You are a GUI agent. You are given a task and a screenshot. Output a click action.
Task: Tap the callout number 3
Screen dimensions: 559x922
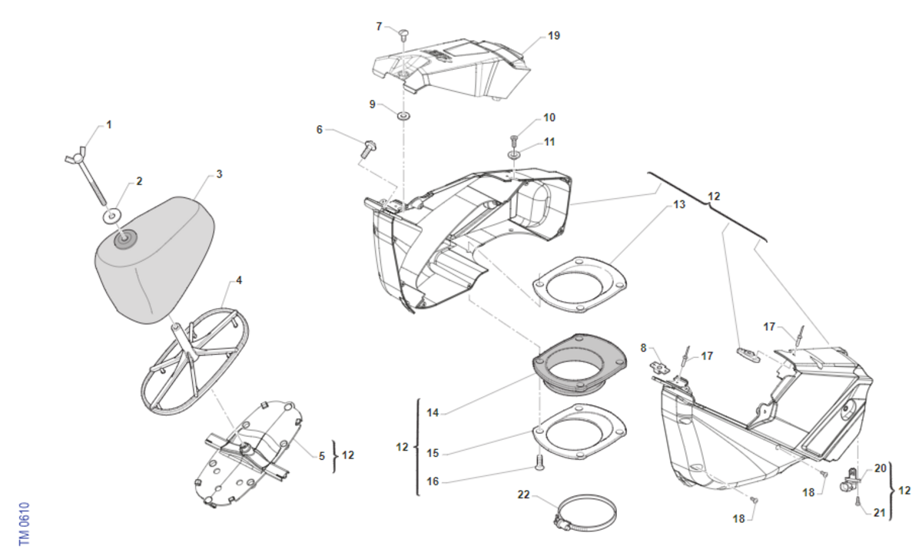[x=219, y=174]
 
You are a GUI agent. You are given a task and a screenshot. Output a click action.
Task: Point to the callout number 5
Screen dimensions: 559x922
[x=322, y=455]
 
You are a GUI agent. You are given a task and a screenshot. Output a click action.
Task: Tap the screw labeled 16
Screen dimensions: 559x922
[x=538, y=462]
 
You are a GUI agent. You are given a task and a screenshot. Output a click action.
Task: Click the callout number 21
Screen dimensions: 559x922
[x=879, y=511]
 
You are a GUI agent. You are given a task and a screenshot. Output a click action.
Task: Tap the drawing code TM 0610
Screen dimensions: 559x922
[x=24, y=524]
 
